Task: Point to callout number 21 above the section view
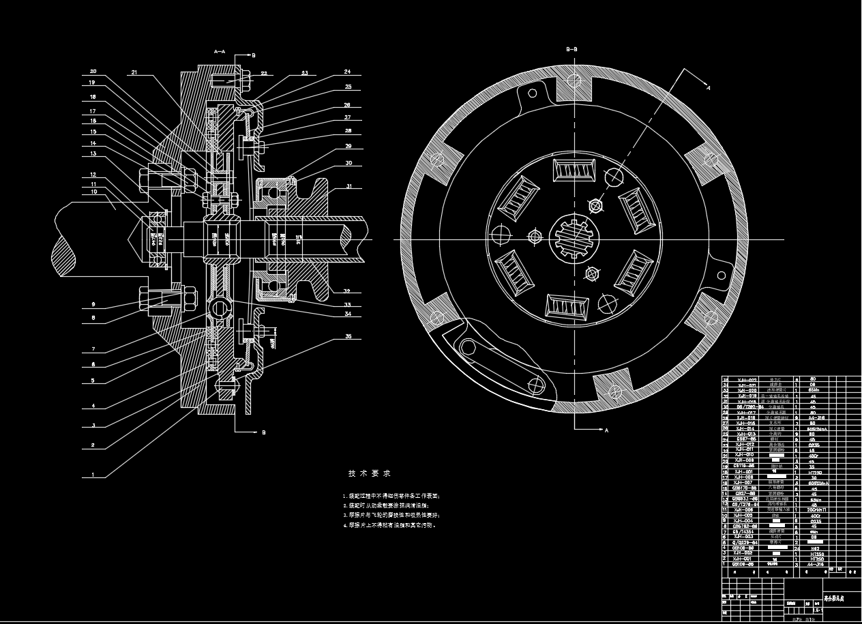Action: pos(134,72)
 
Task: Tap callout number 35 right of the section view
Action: pos(348,337)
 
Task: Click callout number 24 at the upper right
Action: pos(347,72)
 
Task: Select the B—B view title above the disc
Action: pos(572,49)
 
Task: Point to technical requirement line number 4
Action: pos(389,526)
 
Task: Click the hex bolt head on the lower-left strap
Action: pos(469,347)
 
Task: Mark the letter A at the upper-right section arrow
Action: pos(708,87)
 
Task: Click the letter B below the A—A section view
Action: pos(264,432)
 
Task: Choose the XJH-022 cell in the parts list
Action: pos(748,379)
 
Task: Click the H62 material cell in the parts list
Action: pos(812,548)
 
